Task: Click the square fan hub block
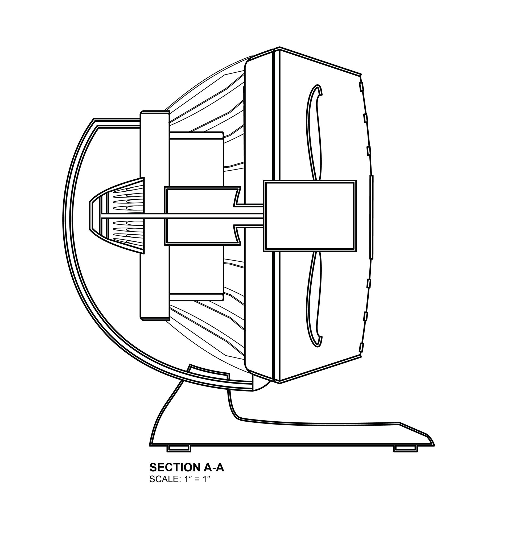click(x=310, y=216)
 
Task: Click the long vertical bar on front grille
click(x=372, y=217)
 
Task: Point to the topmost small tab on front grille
click(x=361, y=87)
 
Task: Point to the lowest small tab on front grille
click(x=361, y=348)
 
